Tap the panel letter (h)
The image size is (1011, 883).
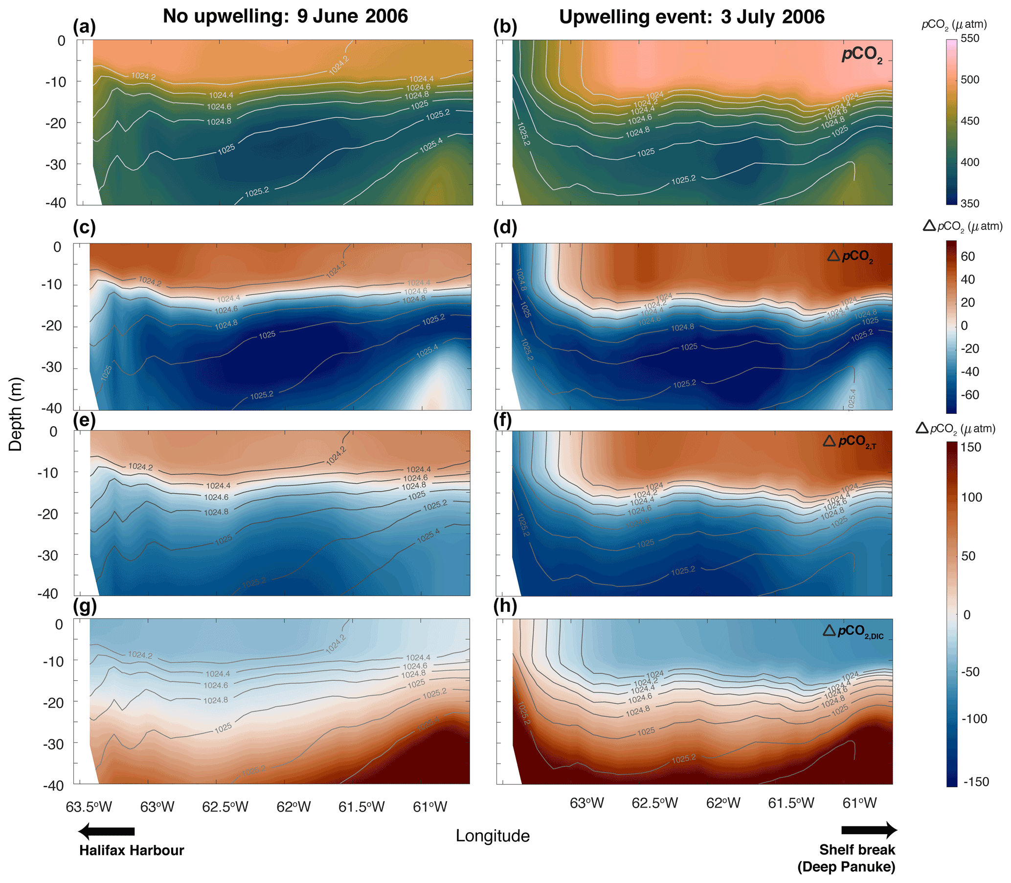click(x=505, y=606)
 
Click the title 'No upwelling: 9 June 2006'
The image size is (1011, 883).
click(x=285, y=16)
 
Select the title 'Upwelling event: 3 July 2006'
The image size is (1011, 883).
click(x=692, y=17)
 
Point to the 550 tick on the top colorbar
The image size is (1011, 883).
click(x=969, y=39)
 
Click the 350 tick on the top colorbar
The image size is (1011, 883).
click(x=969, y=203)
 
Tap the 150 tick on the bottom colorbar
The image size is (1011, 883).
click(x=971, y=447)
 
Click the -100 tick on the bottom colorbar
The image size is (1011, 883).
click(x=974, y=718)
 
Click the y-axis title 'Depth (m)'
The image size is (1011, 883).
click(x=16, y=414)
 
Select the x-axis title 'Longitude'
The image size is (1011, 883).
click(x=492, y=836)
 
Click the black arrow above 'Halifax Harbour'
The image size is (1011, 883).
click(x=107, y=831)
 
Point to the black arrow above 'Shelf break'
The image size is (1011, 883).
click(x=869, y=830)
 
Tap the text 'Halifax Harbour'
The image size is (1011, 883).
click(x=132, y=850)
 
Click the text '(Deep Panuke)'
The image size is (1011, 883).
click(x=846, y=867)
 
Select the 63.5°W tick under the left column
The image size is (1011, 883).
click(x=89, y=807)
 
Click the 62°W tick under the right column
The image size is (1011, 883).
click(x=723, y=803)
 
